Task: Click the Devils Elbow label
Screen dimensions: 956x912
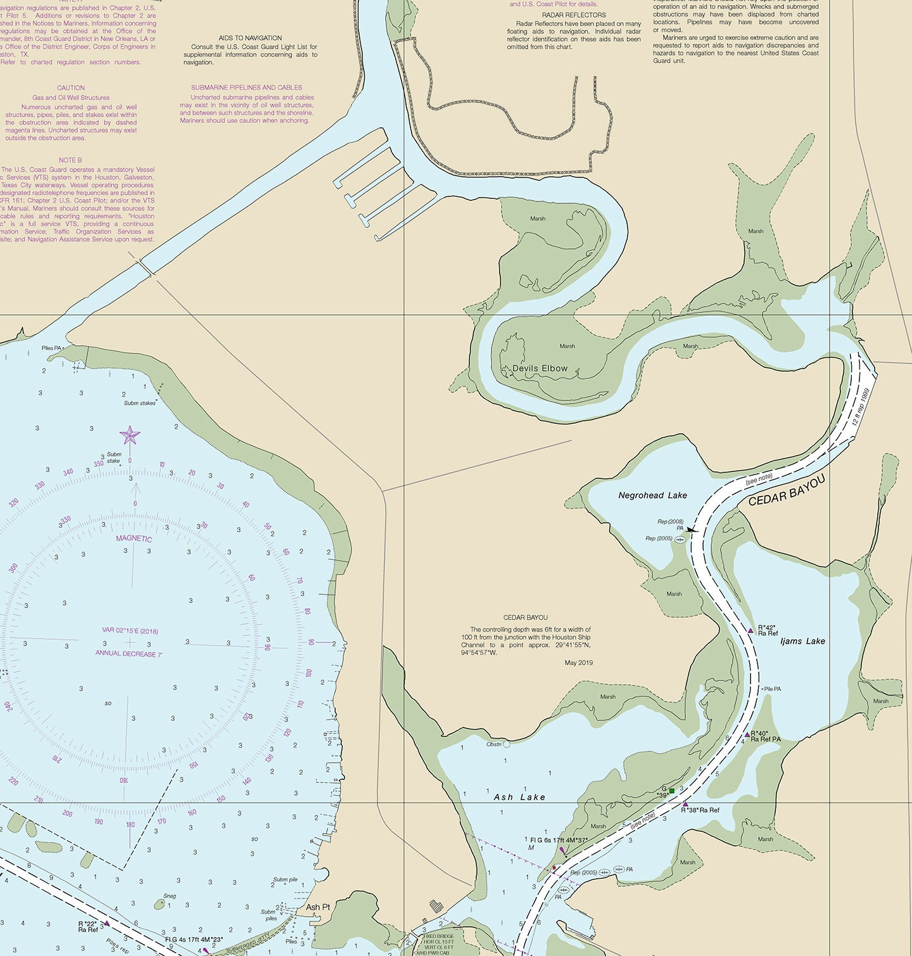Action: tap(540, 369)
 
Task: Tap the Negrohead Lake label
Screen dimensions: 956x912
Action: tap(652, 495)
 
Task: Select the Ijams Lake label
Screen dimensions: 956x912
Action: tap(802, 641)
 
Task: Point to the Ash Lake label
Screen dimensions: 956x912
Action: tap(519, 797)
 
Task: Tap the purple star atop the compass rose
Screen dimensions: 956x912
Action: tap(130, 435)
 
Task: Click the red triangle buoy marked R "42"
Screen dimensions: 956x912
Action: tap(750, 630)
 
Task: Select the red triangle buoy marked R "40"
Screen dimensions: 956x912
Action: tap(747, 735)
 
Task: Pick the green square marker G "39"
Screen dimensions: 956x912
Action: tap(671, 791)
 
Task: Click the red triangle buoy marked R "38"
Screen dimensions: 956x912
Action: tap(685, 805)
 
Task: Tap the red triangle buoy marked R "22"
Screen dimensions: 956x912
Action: tap(106, 924)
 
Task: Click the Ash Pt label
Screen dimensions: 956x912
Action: tap(318, 907)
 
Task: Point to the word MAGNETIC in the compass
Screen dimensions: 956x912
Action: tap(134, 539)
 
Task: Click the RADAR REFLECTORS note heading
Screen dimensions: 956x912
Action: tap(574, 15)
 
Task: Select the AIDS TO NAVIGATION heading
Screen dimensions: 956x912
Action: tap(250, 38)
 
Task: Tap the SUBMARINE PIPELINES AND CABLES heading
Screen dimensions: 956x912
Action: tap(246, 87)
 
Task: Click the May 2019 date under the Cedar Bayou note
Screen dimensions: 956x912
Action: tap(578, 663)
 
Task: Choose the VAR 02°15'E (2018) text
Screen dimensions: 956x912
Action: tap(130, 630)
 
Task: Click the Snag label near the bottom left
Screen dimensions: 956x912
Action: tap(169, 896)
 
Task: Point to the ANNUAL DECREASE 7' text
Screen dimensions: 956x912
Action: tap(129, 653)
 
